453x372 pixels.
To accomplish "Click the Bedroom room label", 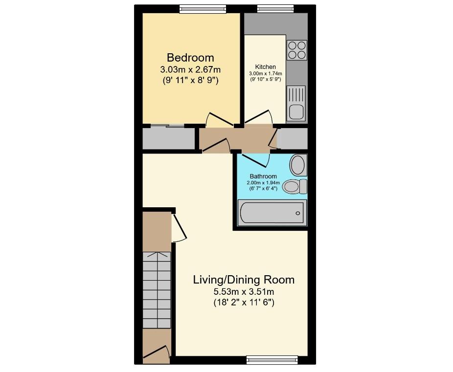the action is click(x=190, y=58).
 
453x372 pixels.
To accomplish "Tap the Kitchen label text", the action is click(x=265, y=66).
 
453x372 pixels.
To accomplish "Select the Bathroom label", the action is click(x=263, y=176).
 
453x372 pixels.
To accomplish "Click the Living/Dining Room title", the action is click(x=244, y=280).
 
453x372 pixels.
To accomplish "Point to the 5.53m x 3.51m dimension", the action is click(x=244, y=291).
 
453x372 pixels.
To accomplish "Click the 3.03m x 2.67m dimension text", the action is click(x=190, y=69).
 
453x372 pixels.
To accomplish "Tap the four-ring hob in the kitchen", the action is click(x=297, y=50).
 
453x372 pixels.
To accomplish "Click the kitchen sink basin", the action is click(x=296, y=111).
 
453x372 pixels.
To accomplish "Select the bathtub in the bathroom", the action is click(x=272, y=213).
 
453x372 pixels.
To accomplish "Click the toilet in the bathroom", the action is click(x=294, y=186).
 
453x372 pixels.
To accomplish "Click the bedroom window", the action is click(x=203, y=9).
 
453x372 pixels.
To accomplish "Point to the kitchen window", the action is click(x=275, y=9).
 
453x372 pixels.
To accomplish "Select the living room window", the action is click(x=272, y=360).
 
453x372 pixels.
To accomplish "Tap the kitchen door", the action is click(x=258, y=118).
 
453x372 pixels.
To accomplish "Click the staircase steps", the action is click(x=157, y=290).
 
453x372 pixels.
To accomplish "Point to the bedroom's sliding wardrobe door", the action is click(x=167, y=126).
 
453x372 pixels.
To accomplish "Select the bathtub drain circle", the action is click(x=297, y=213).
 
